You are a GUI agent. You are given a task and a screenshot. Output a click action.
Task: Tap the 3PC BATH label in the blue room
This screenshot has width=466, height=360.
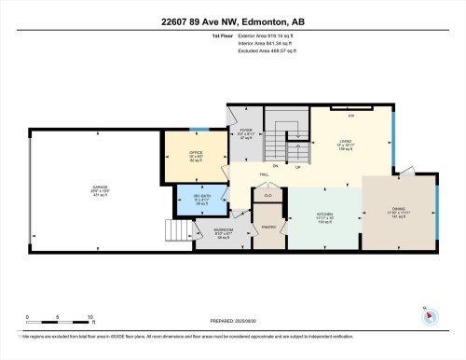click(x=201, y=199)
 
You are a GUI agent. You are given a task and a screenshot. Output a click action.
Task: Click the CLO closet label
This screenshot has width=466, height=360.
click(x=268, y=196)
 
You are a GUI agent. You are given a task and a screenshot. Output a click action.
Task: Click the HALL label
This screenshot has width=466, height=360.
click(x=264, y=173)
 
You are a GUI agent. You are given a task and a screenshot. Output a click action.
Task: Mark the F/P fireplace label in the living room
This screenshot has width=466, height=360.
click(x=351, y=115)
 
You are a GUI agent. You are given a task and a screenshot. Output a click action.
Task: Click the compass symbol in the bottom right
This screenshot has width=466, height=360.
click(x=430, y=314)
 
